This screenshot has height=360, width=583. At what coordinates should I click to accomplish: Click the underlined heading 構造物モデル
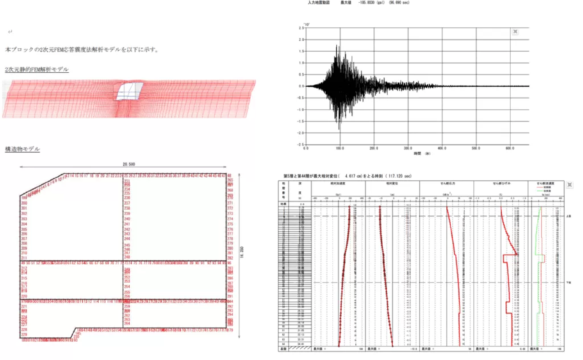pyautogui.click(x=22, y=149)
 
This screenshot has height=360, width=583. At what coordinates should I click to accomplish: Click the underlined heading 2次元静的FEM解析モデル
pyautogui.click(x=36, y=69)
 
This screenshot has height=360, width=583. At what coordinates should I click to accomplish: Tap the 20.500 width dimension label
pyautogui.click(x=129, y=164)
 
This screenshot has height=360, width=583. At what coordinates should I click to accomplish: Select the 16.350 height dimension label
pyautogui.click(x=242, y=252)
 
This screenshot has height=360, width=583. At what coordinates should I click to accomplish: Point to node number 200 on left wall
pyautogui.click(x=24, y=203)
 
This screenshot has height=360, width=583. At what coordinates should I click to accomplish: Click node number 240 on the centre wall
pyautogui.click(x=127, y=219)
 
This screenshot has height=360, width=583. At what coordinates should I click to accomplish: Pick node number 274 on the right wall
pyautogui.click(x=230, y=219)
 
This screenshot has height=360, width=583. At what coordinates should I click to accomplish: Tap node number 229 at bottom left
pyautogui.click(x=24, y=334)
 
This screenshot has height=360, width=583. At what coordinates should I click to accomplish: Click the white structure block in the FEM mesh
pyautogui.click(x=128, y=91)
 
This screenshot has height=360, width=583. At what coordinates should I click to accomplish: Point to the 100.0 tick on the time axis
pyautogui.click(x=340, y=148)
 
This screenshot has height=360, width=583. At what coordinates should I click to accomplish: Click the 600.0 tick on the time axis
pyautogui.click(x=510, y=148)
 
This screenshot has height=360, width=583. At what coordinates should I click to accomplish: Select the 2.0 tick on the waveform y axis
pyautogui.click(x=301, y=39)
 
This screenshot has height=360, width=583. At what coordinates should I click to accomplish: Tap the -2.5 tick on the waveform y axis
pyautogui.click(x=300, y=145)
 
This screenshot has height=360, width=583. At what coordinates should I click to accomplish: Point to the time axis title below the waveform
pyautogui.click(x=422, y=154)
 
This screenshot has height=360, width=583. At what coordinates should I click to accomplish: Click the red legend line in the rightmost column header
pyautogui.click(x=540, y=187)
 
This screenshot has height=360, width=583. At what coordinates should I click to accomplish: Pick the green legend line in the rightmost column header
pyautogui.click(x=540, y=191)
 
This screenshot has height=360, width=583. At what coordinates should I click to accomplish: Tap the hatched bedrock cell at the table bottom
pyautogui.click(x=300, y=348)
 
